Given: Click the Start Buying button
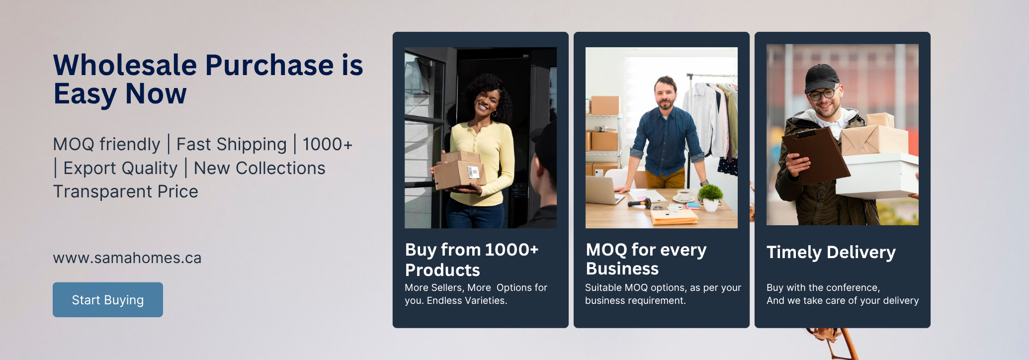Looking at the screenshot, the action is pyautogui.click(x=108, y=300).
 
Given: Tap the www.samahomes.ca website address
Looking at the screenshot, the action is pyautogui.click(x=127, y=258).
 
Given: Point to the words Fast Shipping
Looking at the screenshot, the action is pyautogui.click(x=232, y=145).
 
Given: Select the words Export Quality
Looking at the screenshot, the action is pyautogui.click(x=120, y=169).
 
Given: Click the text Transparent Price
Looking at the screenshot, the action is pyautogui.click(x=126, y=192).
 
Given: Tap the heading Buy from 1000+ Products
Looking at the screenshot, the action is pyautogui.click(x=472, y=260).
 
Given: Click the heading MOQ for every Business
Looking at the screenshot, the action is pyautogui.click(x=646, y=259).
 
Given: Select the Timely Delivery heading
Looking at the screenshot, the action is pyautogui.click(x=831, y=253).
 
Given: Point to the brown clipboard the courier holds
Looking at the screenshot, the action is pyautogui.click(x=815, y=154).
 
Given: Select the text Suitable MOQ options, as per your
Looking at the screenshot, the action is pyautogui.click(x=663, y=288).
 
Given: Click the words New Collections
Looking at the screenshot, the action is pyautogui.click(x=259, y=169).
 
